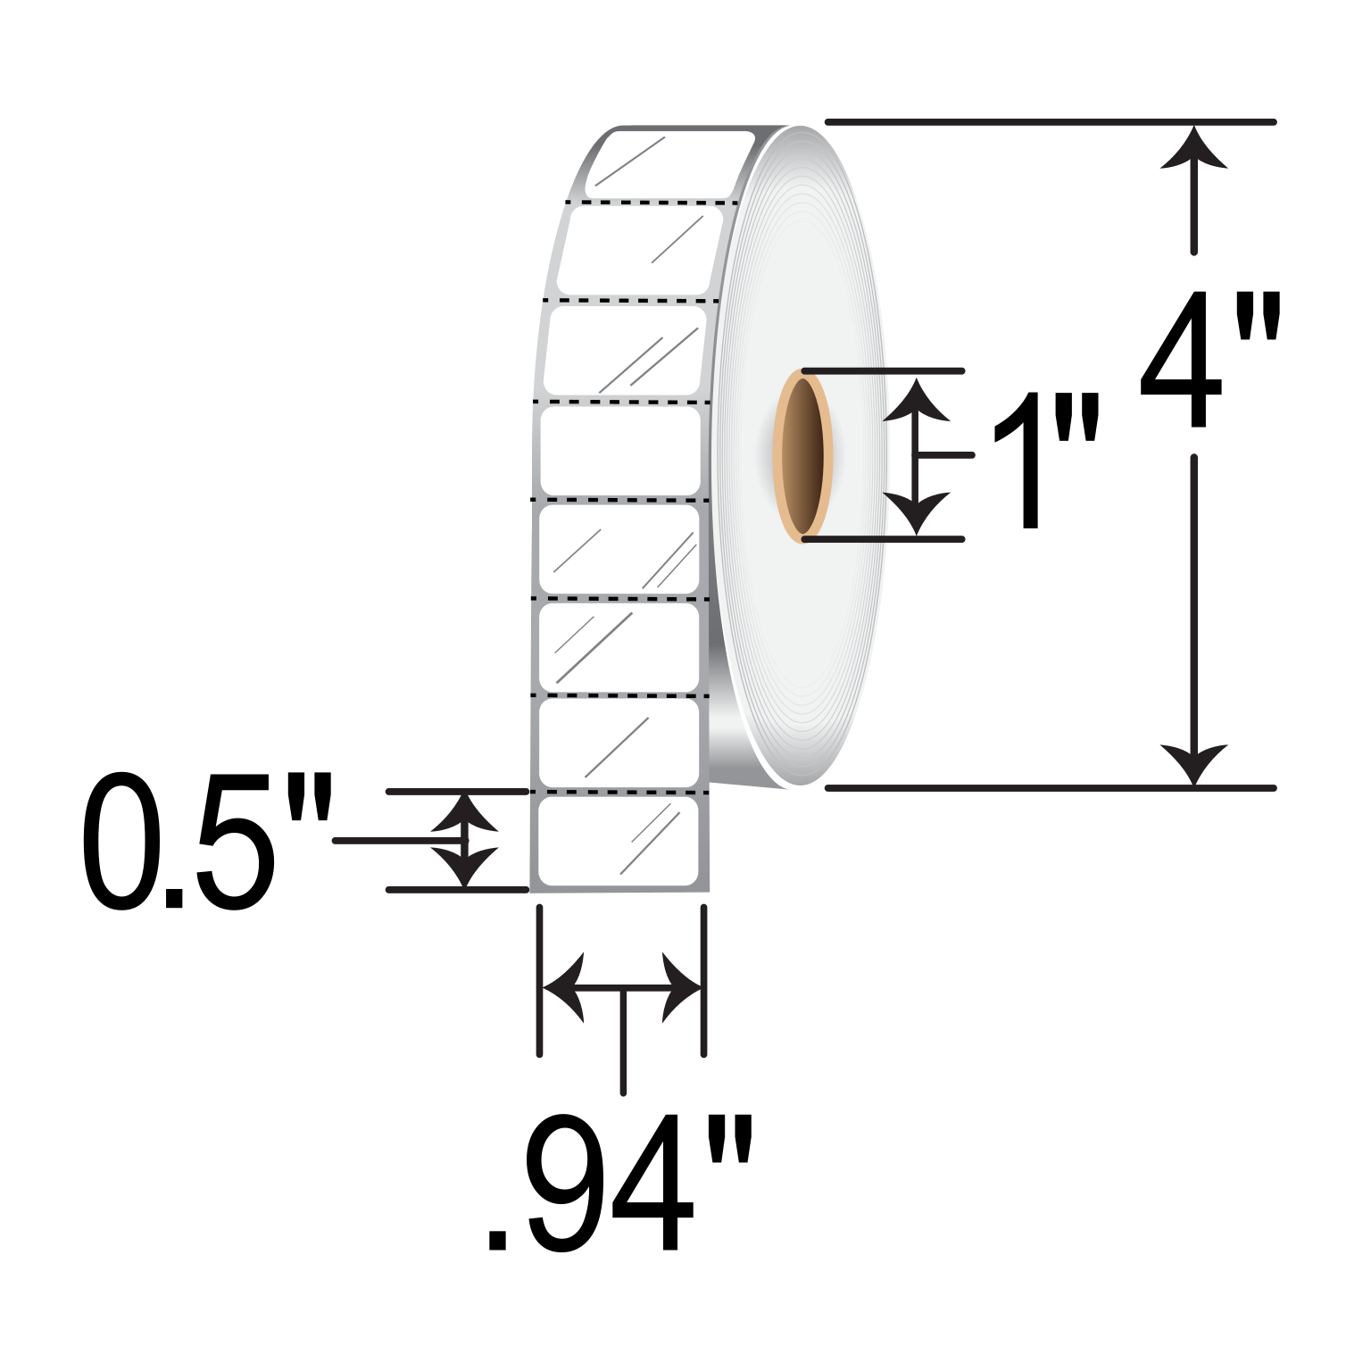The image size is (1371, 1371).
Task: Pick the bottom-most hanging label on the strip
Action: [619, 842]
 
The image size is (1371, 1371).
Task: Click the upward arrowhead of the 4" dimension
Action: [1194, 147]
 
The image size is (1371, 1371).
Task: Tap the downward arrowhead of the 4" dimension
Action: [1194, 764]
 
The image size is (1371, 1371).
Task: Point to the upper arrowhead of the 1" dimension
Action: [917, 399]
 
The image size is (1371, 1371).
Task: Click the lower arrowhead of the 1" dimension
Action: [917, 513]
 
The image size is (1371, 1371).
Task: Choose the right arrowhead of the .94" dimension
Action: [681, 988]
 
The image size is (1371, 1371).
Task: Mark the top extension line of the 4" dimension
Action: [1051, 121]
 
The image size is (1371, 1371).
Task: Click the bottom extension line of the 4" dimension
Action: [1051, 788]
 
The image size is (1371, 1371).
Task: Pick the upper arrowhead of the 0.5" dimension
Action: [464, 812]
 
